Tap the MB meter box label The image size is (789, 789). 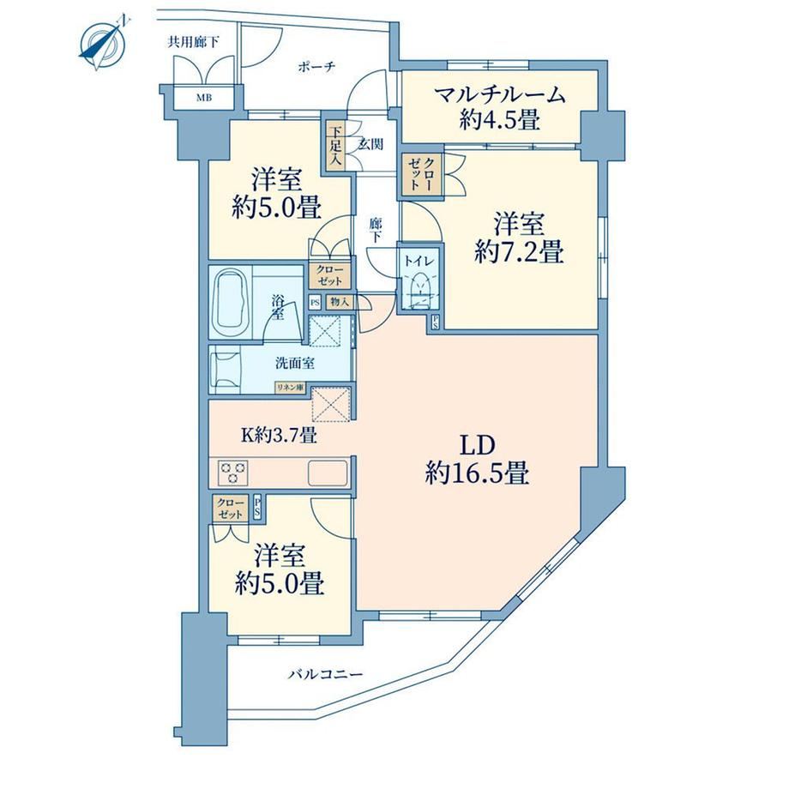click(204, 97)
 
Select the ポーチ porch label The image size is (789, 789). click(316, 66)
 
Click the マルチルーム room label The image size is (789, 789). click(499, 94)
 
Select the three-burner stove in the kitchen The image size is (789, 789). click(232, 473)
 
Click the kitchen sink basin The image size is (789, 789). click(328, 473)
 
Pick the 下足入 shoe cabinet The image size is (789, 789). click(334, 147)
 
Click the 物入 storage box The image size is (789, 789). click(340, 302)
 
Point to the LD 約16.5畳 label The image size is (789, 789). click(477, 459)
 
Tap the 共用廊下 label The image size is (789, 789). click(193, 42)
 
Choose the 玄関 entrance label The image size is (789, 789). click(370, 144)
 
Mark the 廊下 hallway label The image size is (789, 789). click(376, 230)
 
